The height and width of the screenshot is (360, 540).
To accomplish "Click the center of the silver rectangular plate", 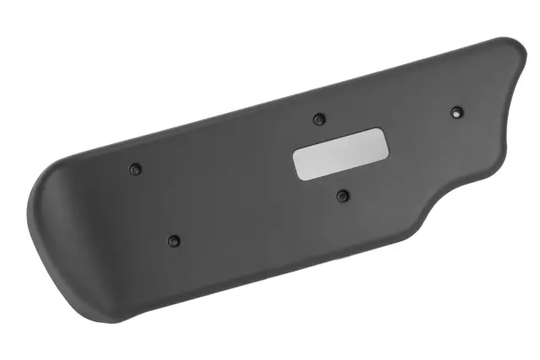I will click(x=340, y=154).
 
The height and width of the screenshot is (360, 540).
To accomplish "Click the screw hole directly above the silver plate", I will click(x=318, y=118).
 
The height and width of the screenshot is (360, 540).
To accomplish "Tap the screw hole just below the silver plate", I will click(x=342, y=196).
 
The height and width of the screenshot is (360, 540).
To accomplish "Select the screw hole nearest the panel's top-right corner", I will click(x=456, y=111).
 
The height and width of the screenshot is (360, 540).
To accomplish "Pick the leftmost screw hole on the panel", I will click(x=135, y=169).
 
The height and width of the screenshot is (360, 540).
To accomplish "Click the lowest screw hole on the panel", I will click(x=174, y=241).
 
